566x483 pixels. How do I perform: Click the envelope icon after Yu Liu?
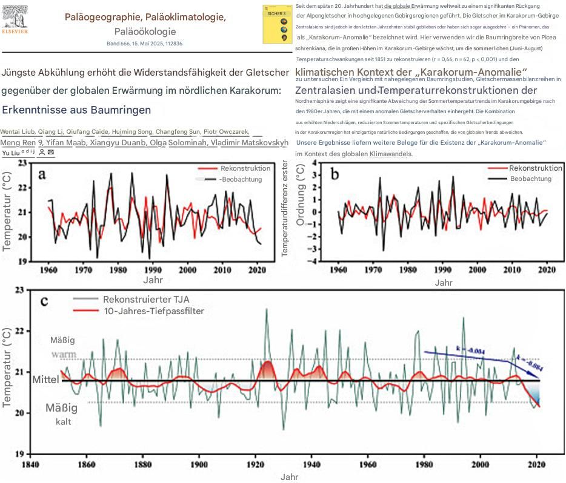point(51,153)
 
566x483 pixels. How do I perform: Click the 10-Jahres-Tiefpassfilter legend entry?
point(153,311)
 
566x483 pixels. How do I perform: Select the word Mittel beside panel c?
point(46,380)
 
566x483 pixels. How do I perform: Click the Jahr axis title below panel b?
point(444,282)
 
